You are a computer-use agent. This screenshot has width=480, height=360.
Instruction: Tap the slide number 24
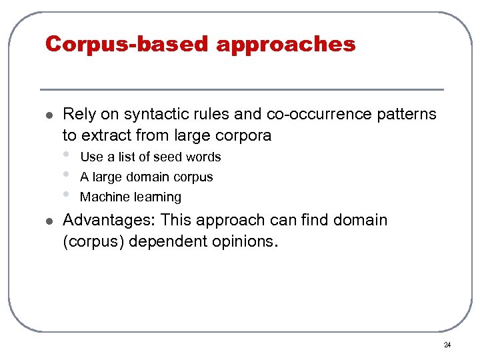447,345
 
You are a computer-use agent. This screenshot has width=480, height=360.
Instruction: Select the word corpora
243,135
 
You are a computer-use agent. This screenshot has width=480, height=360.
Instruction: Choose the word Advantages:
109,221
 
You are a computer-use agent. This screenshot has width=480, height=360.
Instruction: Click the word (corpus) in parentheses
93,241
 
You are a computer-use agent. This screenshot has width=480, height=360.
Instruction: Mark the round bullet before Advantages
45,221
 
